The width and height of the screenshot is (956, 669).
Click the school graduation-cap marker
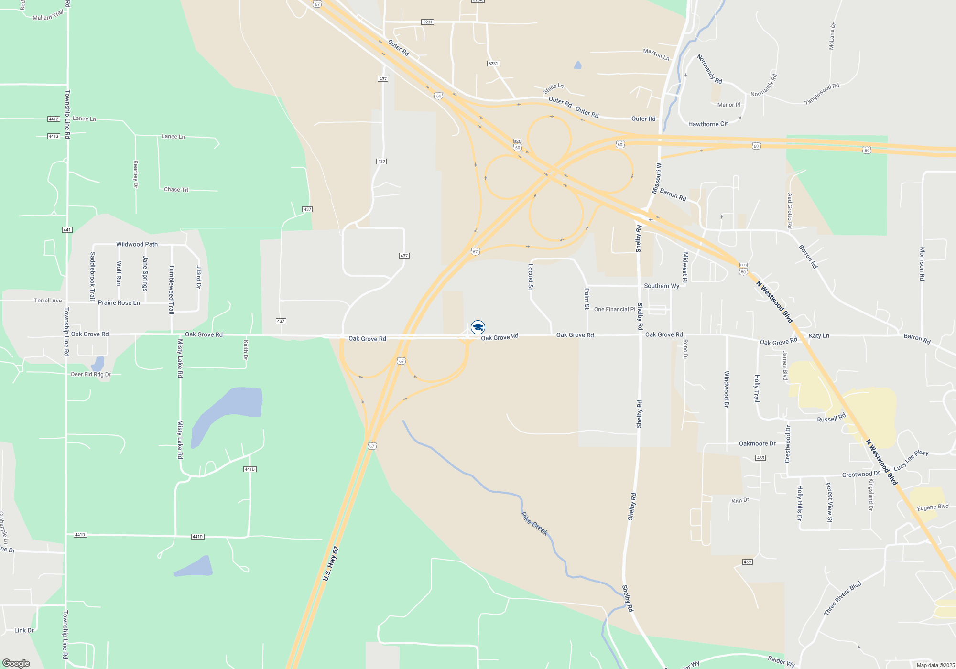[478, 327]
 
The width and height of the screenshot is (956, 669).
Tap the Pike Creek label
[534, 524]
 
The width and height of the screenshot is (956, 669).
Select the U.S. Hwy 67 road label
[330, 564]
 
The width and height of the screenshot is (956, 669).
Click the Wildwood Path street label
[137, 244]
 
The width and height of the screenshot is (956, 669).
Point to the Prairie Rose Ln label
[119, 303]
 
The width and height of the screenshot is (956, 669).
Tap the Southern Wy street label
[662, 286]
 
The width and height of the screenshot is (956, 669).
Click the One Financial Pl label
[615, 309]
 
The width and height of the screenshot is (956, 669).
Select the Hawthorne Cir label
[708, 124]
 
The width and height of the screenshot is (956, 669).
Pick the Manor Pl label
[728, 105]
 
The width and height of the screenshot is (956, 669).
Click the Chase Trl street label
[176, 190]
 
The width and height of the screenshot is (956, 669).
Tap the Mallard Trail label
[48, 16]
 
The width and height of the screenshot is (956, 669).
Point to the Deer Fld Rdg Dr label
[91, 374]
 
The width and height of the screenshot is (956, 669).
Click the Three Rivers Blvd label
[842, 598]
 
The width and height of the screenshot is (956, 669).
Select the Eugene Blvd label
[933, 507]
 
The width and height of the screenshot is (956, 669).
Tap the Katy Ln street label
[819, 336]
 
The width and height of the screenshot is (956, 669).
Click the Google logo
[16, 663]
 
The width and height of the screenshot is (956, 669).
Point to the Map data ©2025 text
[935, 665]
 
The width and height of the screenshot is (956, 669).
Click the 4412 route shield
[54, 119]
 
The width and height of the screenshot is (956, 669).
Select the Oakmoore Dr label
[757, 443]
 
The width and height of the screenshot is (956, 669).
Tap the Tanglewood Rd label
[822, 94]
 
